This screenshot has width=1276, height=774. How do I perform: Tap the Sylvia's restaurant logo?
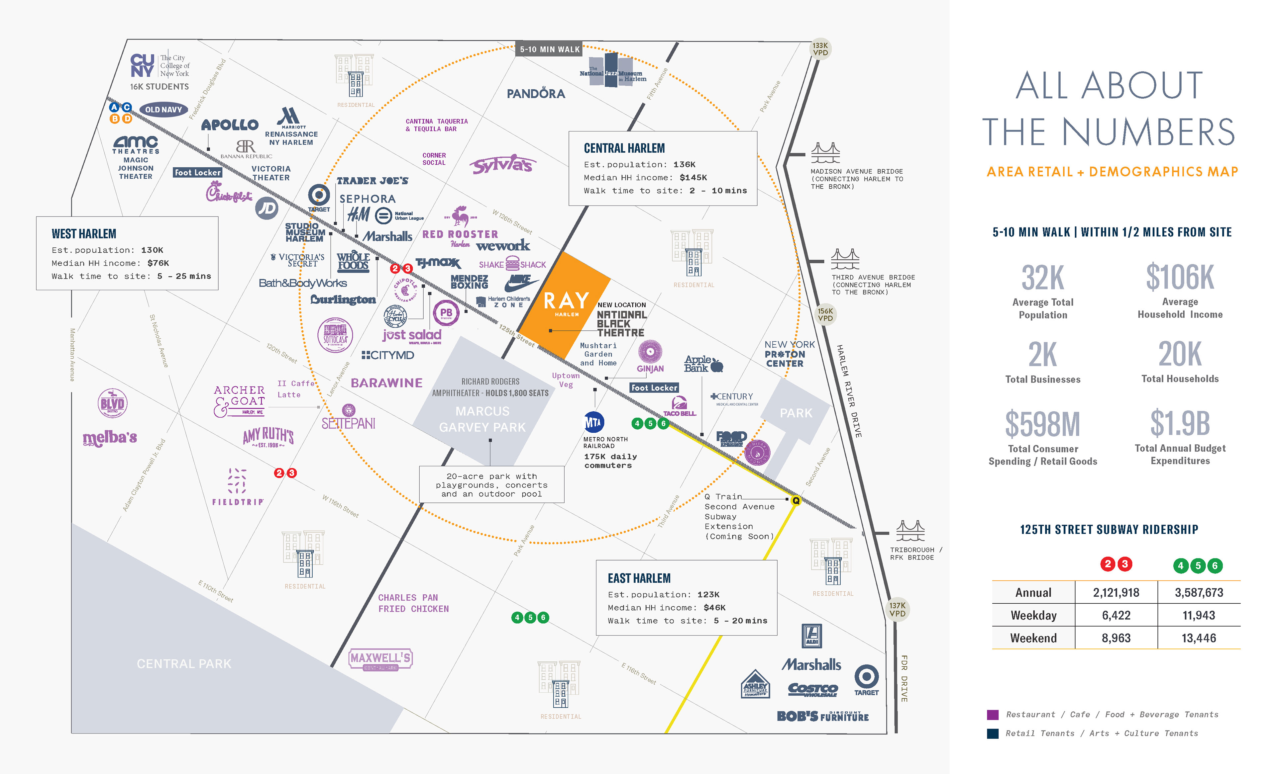502,164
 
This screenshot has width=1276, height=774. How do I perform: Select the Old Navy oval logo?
163,109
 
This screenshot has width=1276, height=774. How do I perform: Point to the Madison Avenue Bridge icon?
825,153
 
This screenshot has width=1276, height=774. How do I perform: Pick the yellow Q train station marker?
796,500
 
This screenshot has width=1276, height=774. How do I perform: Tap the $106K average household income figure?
1180,278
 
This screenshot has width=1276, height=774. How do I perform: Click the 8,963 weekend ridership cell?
1116,638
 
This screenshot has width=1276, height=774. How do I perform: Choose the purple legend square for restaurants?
992,715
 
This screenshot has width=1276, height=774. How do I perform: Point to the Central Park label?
184,664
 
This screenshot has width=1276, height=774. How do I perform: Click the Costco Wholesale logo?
812,689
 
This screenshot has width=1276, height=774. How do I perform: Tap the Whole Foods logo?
353,262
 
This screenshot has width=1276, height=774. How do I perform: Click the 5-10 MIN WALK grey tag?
550,49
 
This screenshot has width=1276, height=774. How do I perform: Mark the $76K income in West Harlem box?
158,263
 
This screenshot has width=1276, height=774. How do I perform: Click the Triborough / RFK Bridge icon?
910,531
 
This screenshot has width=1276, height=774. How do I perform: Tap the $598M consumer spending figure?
1042,424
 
